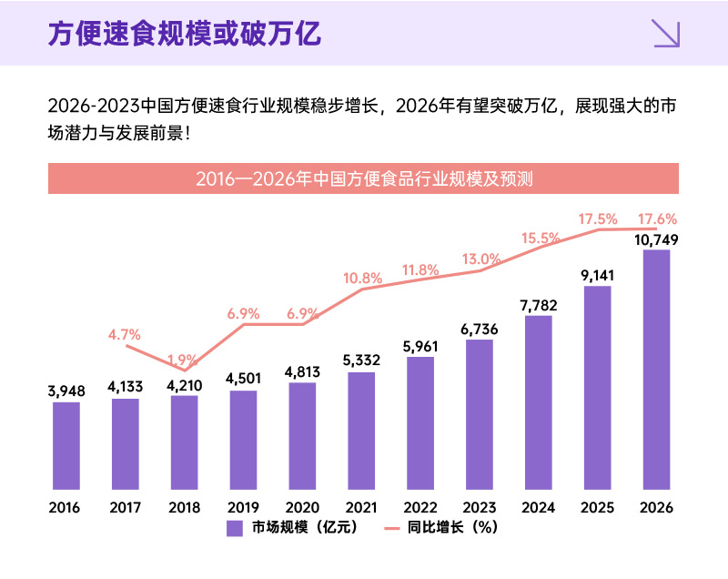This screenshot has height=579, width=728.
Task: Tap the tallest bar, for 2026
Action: [x=656, y=369]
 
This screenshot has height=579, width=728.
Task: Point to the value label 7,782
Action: [x=539, y=305]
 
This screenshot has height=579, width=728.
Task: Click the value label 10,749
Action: [x=656, y=239]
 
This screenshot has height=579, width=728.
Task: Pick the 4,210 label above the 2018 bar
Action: [x=185, y=384]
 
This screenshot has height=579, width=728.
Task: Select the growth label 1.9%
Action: [x=185, y=359]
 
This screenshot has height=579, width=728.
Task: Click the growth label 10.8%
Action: [x=361, y=278]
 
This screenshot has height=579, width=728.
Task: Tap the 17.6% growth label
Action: [x=657, y=219]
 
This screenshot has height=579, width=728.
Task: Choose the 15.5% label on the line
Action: [x=541, y=239]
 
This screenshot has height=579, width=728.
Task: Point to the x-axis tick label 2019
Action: [x=244, y=506]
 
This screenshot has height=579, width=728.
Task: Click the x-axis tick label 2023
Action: [x=480, y=506]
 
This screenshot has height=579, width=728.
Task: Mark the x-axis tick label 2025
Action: [x=598, y=506]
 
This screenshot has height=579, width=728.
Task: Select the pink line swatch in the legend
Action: [x=392, y=528]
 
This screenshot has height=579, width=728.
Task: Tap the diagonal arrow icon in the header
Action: [x=666, y=34]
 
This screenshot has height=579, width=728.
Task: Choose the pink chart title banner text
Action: [x=363, y=178]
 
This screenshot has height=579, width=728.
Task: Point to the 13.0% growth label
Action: [x=481, y=259]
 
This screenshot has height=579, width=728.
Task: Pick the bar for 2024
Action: [x=539, y=401]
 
